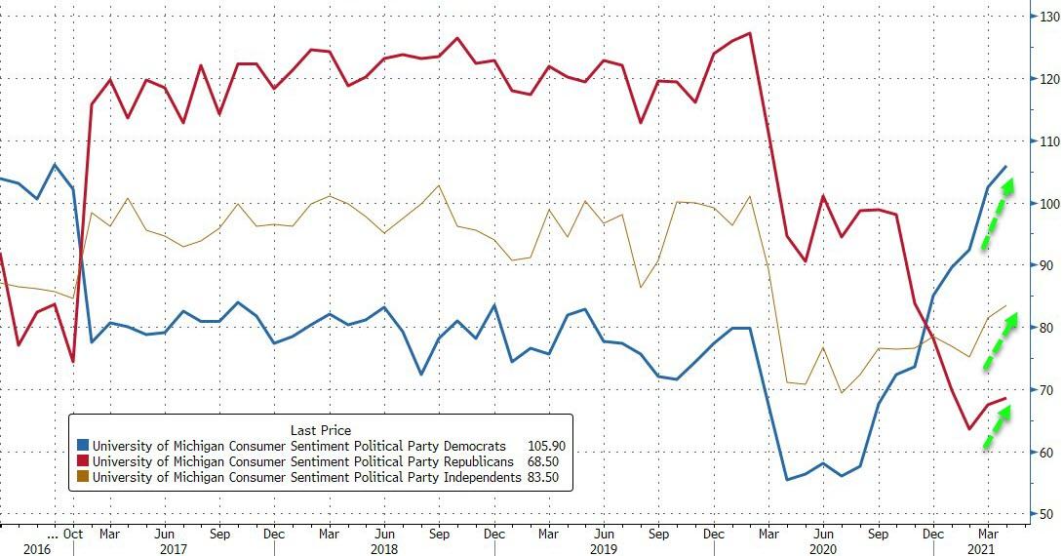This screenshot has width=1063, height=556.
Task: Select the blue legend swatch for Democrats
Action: click(85, 446)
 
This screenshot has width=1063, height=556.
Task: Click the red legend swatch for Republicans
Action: click(85, 461)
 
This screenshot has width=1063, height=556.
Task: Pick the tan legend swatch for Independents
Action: click(85, 477)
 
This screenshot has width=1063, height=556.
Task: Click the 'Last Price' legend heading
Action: click(320, 429)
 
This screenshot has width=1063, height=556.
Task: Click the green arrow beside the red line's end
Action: click(996, 426)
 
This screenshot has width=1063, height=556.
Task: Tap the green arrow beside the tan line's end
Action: click(998, 339)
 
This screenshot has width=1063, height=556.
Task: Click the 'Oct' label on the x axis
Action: click(73, 534)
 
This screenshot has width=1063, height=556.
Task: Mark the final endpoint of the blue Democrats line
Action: click(1006, 167)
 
